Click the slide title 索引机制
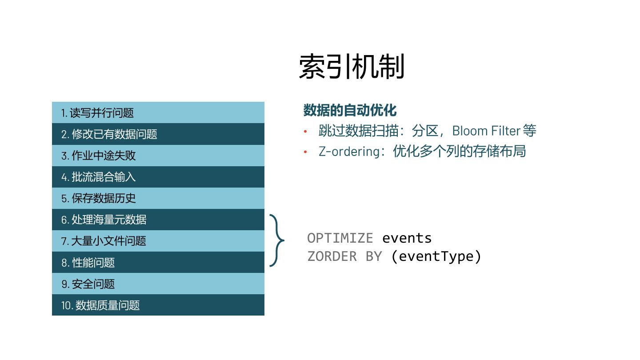(352, 67)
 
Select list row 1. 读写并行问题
(158, 113)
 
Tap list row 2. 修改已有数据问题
(158, 134)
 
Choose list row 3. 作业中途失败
(158, 156)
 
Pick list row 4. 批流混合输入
(158, 177)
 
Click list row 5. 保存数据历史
(158, 198)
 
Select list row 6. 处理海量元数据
(158, 220)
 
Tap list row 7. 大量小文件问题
(158, 241)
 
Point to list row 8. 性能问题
(158, 262)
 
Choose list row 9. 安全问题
(158, 284)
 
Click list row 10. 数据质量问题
(158, 305)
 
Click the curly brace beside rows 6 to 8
(277, 240)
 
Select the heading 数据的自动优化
(350, 110)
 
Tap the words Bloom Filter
(486, 131)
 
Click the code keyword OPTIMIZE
(340, 238)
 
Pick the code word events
(407, 238)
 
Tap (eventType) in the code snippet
(436, 256)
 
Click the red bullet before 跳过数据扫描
(305, 131)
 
